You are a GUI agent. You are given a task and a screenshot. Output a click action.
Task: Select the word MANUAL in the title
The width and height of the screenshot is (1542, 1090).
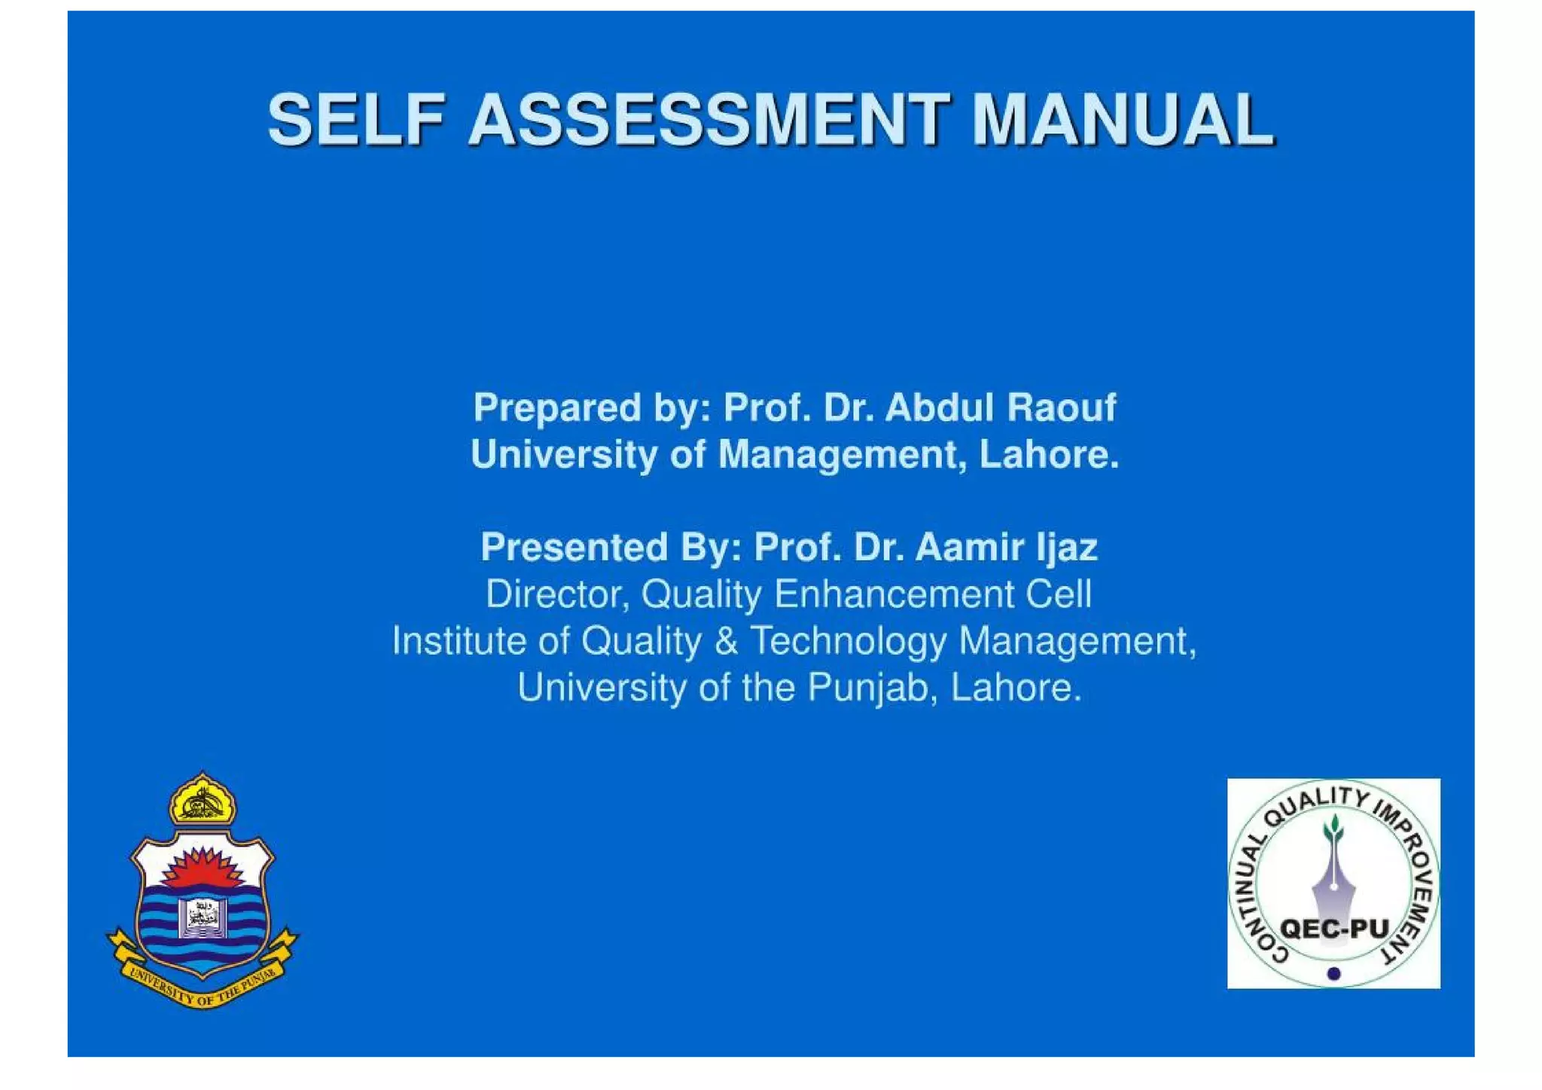tap(1123, 120)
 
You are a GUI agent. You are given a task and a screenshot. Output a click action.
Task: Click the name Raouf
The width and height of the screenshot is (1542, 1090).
tap(1061, 408)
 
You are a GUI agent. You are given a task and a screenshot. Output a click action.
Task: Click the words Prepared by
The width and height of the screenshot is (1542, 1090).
tap(592, 409)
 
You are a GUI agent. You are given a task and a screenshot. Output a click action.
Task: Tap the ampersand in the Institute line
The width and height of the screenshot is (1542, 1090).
tap(726, 641)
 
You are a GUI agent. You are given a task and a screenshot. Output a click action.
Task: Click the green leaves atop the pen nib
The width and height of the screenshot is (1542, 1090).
tap(1333, 829)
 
